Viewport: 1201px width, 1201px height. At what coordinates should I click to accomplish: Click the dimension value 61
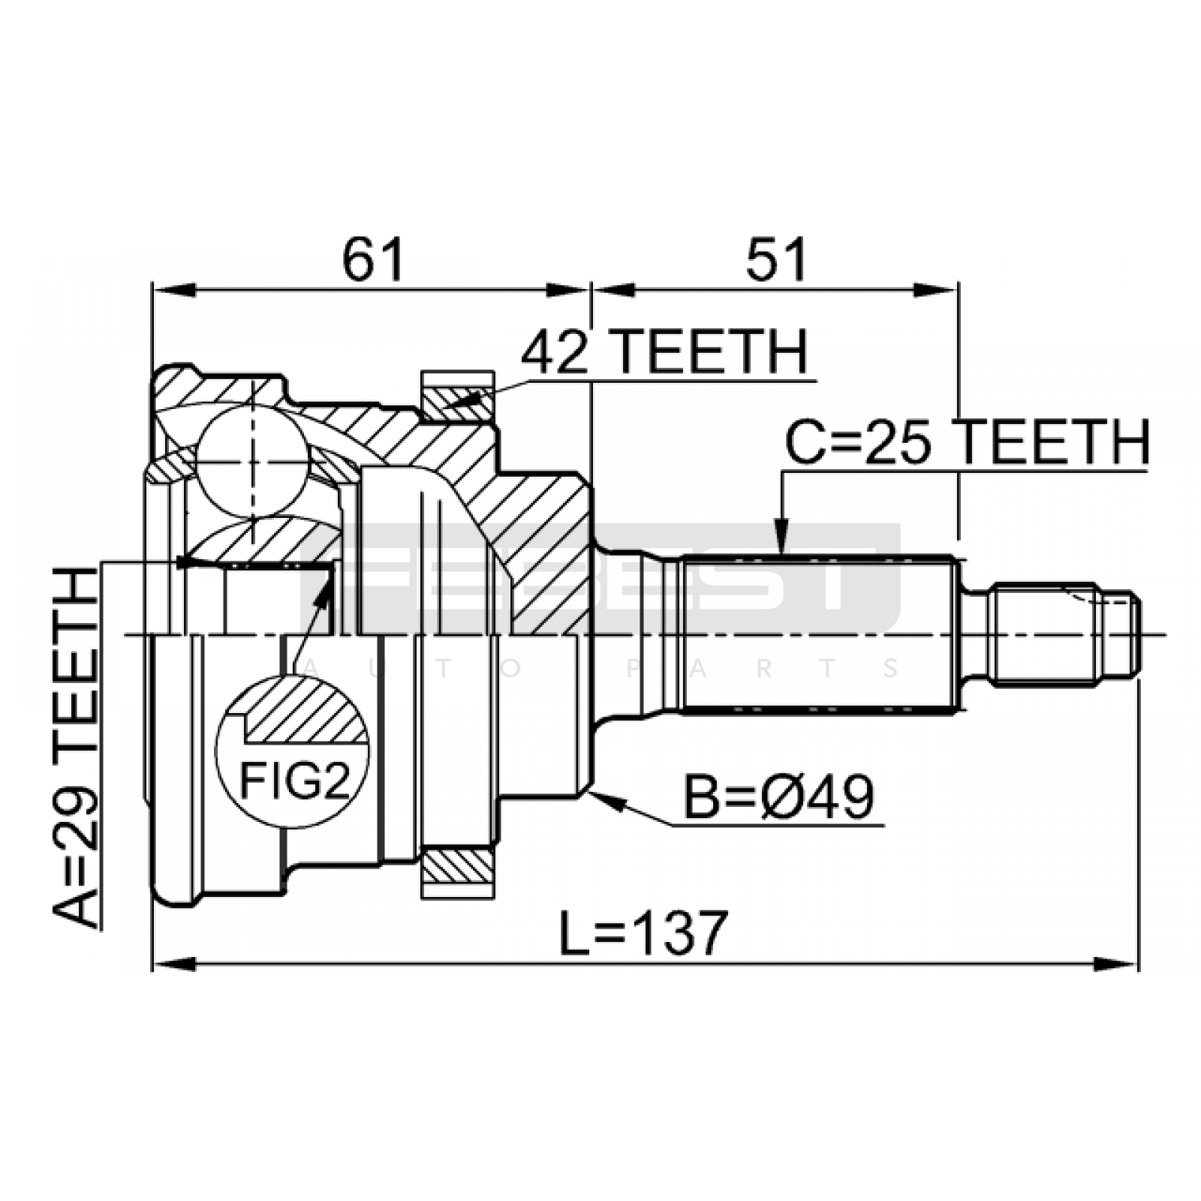373,259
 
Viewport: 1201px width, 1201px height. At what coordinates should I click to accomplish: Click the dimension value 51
776,259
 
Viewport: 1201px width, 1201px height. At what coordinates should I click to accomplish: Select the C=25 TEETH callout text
968,442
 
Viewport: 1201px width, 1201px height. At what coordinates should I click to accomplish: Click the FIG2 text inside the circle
295,781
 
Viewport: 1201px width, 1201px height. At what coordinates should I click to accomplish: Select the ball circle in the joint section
253,461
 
